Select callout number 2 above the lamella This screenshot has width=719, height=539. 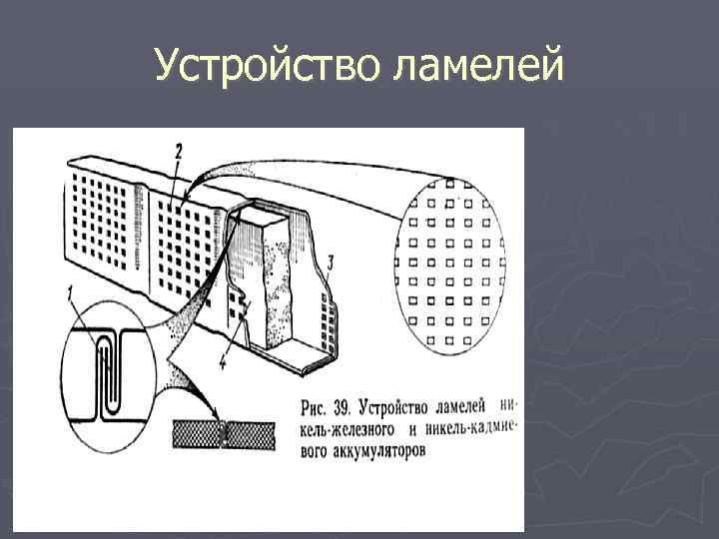(x=177, y=153)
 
